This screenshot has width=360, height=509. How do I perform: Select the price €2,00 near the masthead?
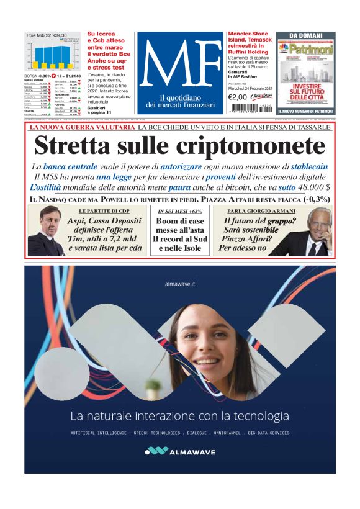(238, 97)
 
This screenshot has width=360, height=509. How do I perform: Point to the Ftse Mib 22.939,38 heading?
(47, 35)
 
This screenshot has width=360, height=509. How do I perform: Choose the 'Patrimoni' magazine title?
(308, 47)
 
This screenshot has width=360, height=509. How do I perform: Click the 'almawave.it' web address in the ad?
(180, 284)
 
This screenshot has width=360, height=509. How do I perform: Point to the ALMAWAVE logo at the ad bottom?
(180, 451)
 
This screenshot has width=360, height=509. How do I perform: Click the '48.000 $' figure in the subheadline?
(315, 187)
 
